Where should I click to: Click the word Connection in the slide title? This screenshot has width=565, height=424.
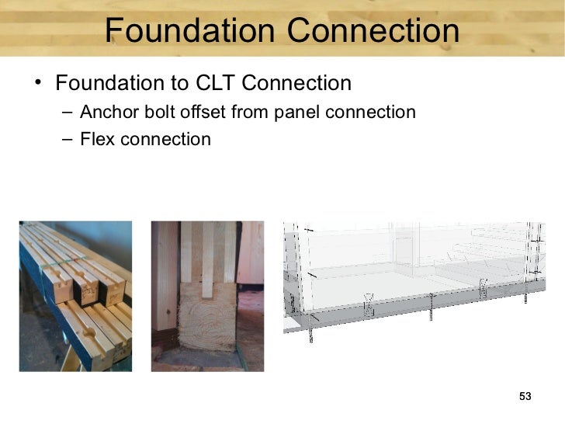[372, 31]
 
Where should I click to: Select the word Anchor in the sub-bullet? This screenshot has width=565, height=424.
[106, 113]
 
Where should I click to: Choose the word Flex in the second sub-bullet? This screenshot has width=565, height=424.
[95, 140]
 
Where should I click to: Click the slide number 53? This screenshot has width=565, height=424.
[525, 398]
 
